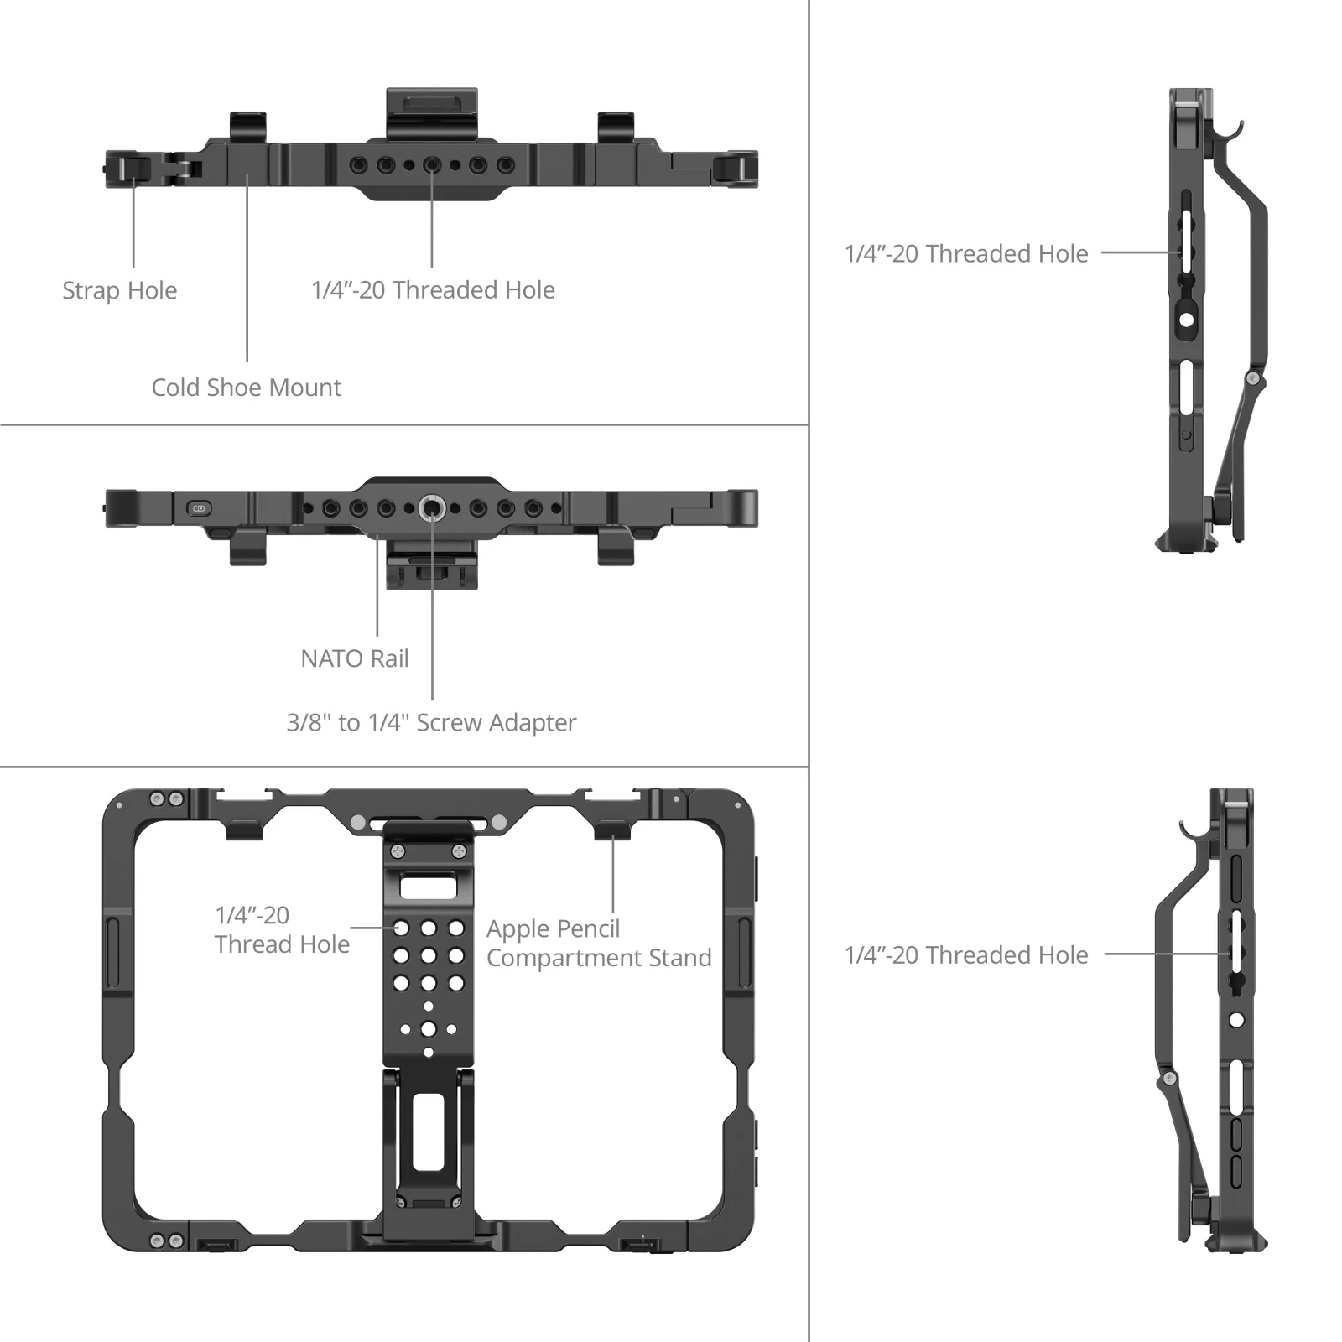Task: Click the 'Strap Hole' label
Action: click(119, 290)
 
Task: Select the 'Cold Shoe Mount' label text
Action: click(246, 388)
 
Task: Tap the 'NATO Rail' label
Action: click(355, 658)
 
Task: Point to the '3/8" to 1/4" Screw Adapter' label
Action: click(431, 722)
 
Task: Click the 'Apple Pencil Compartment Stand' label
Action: click(598, 943)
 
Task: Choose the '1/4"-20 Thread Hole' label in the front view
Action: click(281, 929)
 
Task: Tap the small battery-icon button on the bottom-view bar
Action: click(200, 508)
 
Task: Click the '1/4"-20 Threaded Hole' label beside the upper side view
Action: click(966, 253)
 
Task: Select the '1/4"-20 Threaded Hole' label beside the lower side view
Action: click(966, 954)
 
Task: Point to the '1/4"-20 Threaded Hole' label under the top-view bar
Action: click(433, 290)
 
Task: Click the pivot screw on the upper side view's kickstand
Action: click(1252, 379)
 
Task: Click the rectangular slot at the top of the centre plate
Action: click(428, 887)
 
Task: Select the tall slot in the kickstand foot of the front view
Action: click(428, 1131)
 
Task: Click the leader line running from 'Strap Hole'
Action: click(133, 222)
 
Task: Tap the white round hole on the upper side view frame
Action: click(1186, 320)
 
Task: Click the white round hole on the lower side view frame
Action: click(1236, 1020)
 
